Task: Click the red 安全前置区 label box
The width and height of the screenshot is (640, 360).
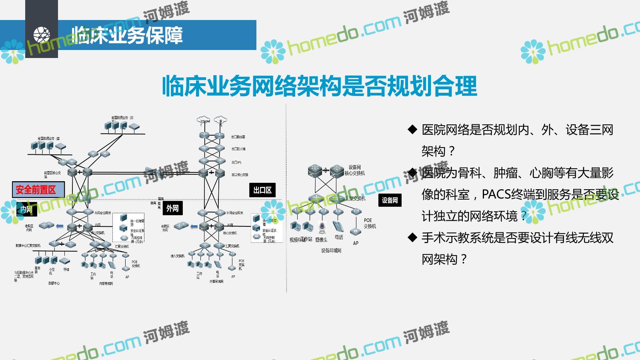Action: click(x=38, y=190)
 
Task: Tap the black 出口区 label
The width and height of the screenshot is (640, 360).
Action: click(x=262, y=190)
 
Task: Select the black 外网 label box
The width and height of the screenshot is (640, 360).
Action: click(x=172, y=208)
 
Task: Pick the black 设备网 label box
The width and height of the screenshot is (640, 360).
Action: click(x=390, y=200)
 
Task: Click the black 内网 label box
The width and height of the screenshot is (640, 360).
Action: click(x=26, y=209)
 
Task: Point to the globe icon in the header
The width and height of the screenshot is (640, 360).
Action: click(x=42, y=35)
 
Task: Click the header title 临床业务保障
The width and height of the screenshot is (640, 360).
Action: click(x=127, y=35)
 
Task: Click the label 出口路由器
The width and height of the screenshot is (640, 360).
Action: click(x=238, y=137)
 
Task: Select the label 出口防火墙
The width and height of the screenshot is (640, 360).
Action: click(x=238, y=149)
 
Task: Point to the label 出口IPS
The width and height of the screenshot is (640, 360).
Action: click(x=236, y=162)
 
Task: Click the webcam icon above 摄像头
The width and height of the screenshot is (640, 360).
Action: click(x=322, y=227)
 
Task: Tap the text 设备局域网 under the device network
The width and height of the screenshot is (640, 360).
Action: click(x=331, y=250)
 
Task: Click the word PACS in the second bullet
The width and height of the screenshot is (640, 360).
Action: click(x=496, y=194)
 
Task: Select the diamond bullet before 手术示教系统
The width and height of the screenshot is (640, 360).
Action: click(x=412, y=238)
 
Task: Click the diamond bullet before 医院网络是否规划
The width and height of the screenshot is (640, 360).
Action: click(x=412, y=130)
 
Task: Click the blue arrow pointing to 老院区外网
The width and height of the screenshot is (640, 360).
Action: click(x=194, y=226)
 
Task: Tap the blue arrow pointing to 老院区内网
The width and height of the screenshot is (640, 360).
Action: click(x=60, y=226)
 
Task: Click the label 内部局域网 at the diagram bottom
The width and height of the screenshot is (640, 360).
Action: click(x=106, y=284)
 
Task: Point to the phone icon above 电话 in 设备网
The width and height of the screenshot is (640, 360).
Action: click(x=338, y=226)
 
